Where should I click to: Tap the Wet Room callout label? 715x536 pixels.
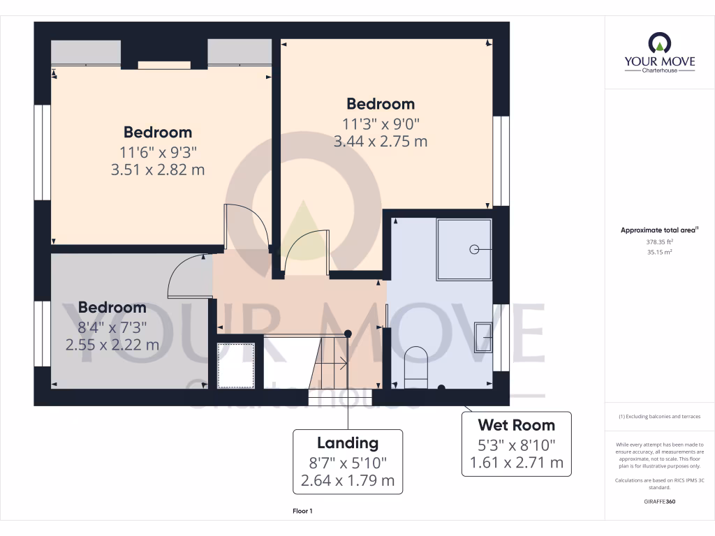516,444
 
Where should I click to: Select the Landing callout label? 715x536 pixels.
348,461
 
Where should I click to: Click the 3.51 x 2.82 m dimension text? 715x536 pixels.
158,170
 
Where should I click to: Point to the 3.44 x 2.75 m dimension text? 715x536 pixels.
381,141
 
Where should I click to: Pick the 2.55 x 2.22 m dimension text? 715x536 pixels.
112,345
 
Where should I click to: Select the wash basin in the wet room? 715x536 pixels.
483,335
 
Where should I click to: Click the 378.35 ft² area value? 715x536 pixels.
646,241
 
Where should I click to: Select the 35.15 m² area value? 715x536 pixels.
646,252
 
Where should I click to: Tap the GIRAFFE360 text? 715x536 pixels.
660,501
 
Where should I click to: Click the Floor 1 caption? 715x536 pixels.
303,512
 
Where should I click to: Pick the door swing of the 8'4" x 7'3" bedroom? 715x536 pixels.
189,276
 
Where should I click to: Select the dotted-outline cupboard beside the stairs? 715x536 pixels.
235,365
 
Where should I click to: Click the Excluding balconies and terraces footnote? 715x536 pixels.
659,417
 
